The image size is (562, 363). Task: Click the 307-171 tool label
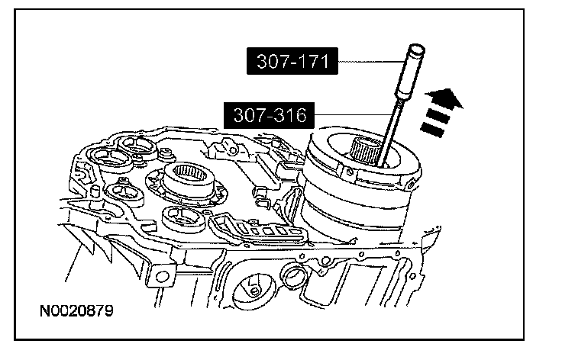[292, 61]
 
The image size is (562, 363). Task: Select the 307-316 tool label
[270, 115]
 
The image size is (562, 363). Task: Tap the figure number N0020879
[76, 310]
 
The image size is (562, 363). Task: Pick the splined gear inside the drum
[363, 150]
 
